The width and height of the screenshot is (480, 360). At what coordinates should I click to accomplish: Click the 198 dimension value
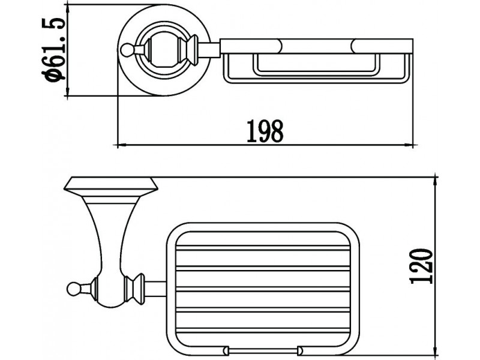(x=265, y=131)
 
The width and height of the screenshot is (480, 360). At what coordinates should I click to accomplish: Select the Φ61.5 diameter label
(x=53, y=50)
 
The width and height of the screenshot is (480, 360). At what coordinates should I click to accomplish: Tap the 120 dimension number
(x=422, y=266)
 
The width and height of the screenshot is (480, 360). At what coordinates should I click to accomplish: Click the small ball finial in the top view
(x=125, y=50)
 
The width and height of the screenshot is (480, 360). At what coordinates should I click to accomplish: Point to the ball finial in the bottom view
(x=73, y=289)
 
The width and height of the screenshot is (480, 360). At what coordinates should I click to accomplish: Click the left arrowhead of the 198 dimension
(x=122, y=145)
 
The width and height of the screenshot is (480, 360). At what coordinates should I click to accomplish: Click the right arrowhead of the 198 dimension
(x=409, y=145)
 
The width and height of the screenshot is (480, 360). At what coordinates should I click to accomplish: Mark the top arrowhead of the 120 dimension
(x=435, y=182)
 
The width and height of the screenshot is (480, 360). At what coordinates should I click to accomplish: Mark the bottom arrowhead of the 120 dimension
(x=435, y=351)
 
